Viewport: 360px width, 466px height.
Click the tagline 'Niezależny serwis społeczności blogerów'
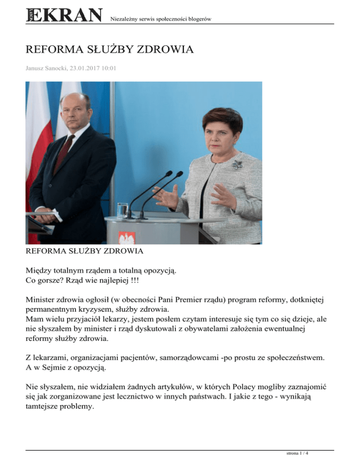tap(159, 19)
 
